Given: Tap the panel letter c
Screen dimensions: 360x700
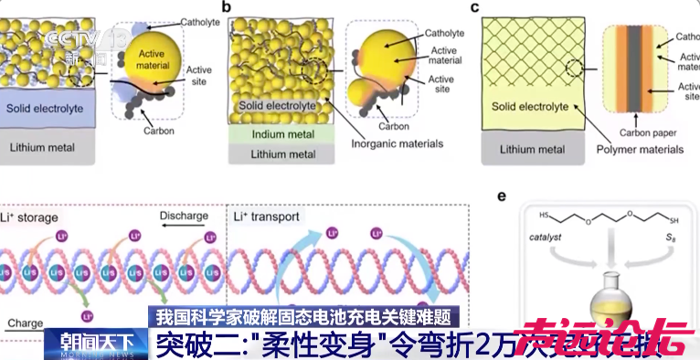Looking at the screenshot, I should pos(476,8).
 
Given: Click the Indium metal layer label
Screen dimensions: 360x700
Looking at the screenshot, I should pos(277,135).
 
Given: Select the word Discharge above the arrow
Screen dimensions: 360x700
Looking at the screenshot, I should pos(181,216).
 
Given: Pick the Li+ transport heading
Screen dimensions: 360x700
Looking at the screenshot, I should pos(264,217).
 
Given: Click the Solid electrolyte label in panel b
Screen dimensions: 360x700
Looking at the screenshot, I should pos(277,105).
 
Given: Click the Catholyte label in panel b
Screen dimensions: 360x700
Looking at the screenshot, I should pos(445,33).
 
